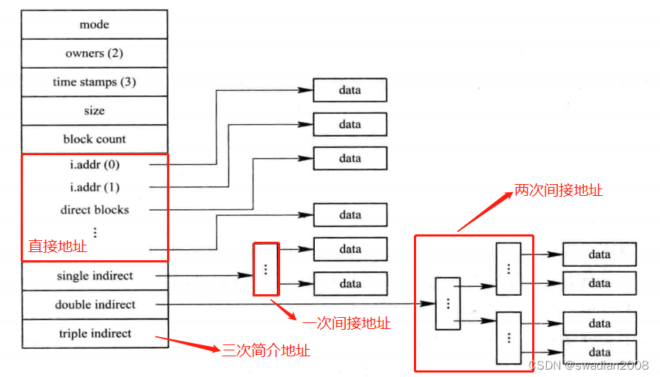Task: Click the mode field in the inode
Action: click(95, 24)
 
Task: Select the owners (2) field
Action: click(95, 53)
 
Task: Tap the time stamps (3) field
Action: click(95, 82)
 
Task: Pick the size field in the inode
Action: click(95, 111)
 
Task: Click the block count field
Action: click(95, 139)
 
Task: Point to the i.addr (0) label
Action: click(95, 164)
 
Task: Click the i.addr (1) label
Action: click(95, 187)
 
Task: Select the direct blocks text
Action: click(95, 210)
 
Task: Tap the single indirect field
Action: click(95, 276)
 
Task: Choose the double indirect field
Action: click(95, 305)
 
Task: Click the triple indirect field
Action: click(95, 333)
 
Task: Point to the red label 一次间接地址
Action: click(347, 323)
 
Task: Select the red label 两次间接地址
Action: click(559, 191)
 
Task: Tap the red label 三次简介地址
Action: click(266, 350)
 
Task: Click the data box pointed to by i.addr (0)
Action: click(350, 90)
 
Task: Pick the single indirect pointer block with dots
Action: click(266, 269)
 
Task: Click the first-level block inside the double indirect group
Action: click(447, 303)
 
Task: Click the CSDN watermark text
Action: click(588, 365)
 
